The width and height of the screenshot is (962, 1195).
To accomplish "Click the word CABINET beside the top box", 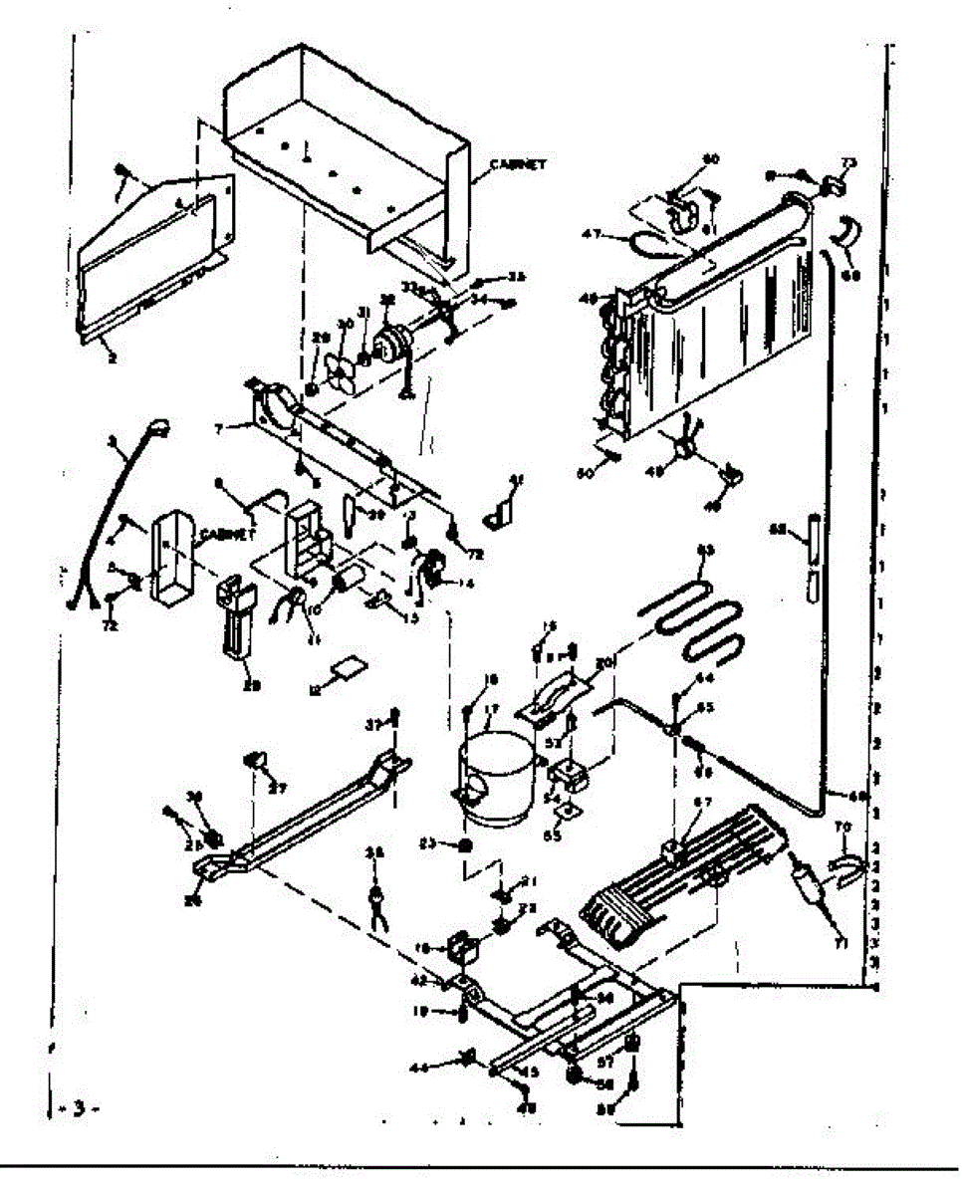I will click(517, 165).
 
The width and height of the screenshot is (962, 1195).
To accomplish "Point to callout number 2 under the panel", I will click(112, 358).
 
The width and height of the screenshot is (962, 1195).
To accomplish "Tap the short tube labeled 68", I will click(813, 542).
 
